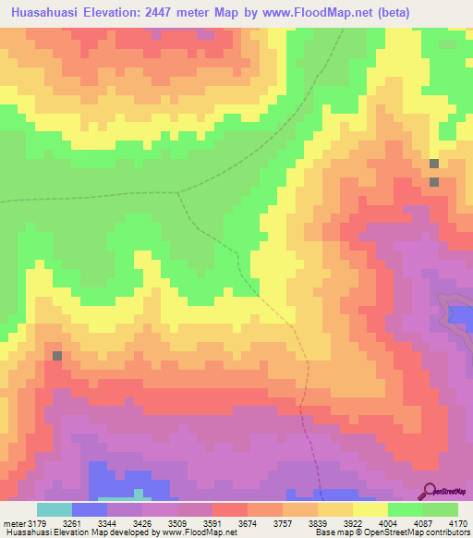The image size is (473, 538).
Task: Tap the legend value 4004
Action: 405,522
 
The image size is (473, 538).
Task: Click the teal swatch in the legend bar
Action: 55,509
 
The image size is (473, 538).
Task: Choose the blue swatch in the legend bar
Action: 90,509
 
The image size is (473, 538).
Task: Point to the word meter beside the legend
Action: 12,522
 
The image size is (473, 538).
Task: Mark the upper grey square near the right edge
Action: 434,164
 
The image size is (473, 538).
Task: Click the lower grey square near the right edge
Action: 434,181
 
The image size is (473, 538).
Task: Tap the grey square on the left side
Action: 57,355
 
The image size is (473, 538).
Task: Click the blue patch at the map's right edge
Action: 460,314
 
